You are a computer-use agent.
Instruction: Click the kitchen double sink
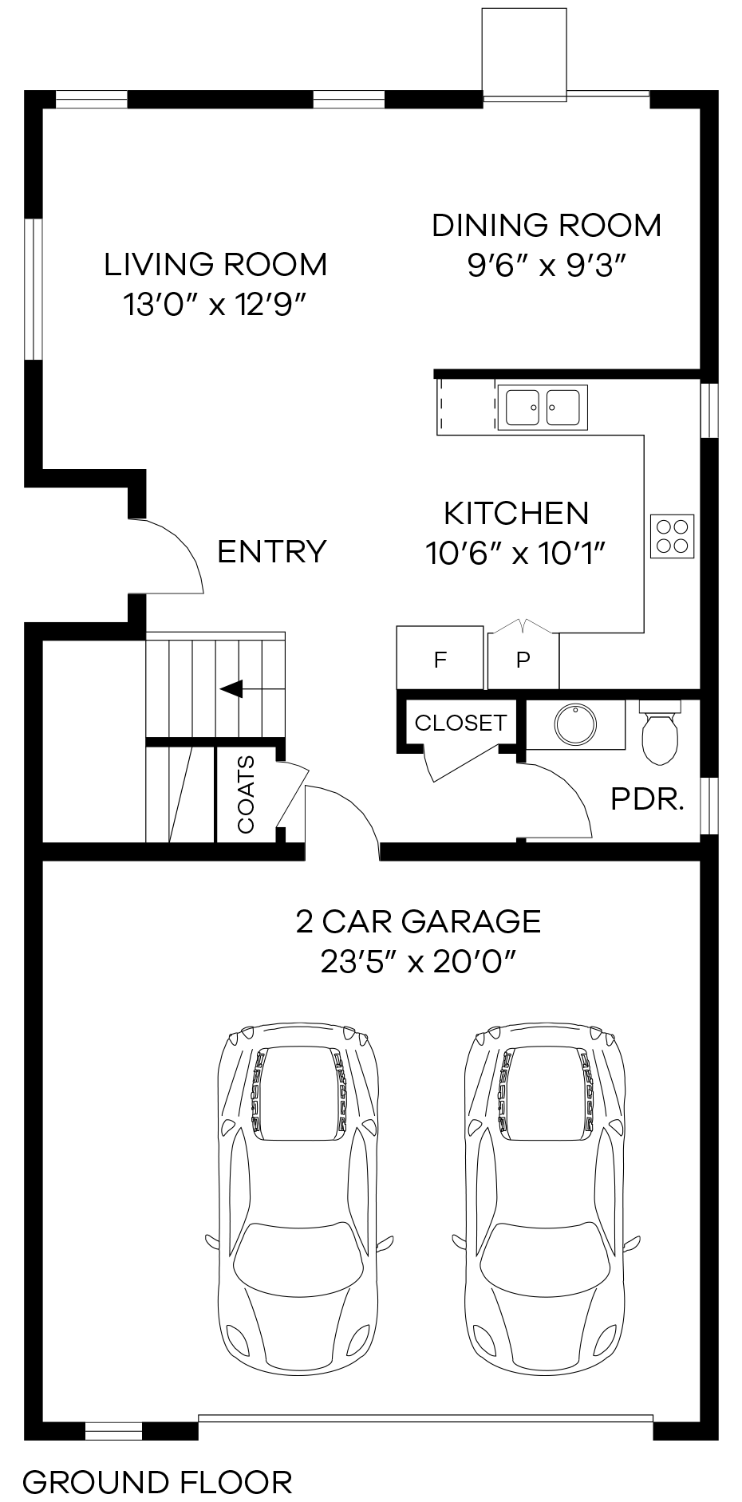(x=543, y=408)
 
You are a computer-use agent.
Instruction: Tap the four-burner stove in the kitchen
(x=672, y=536)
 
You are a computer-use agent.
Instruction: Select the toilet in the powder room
(x=660, y=731)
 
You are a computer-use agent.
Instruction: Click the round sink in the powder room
(x=575, y=724)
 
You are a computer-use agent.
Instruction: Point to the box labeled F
(x=440, y=659)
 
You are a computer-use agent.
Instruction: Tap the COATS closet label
(x=247, y=794)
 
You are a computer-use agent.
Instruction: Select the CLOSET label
(x=460, y=723)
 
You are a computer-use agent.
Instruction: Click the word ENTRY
(x=272, y=552)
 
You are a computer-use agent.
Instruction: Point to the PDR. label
(x=647, y=799)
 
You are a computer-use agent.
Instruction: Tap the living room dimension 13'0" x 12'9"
(x=215, y=305)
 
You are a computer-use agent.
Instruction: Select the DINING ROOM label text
(x=547, y=226)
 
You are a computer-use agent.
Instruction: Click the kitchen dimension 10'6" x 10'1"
(x=516, y=553)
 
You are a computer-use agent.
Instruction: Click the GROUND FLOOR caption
(x=157, y=1482)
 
